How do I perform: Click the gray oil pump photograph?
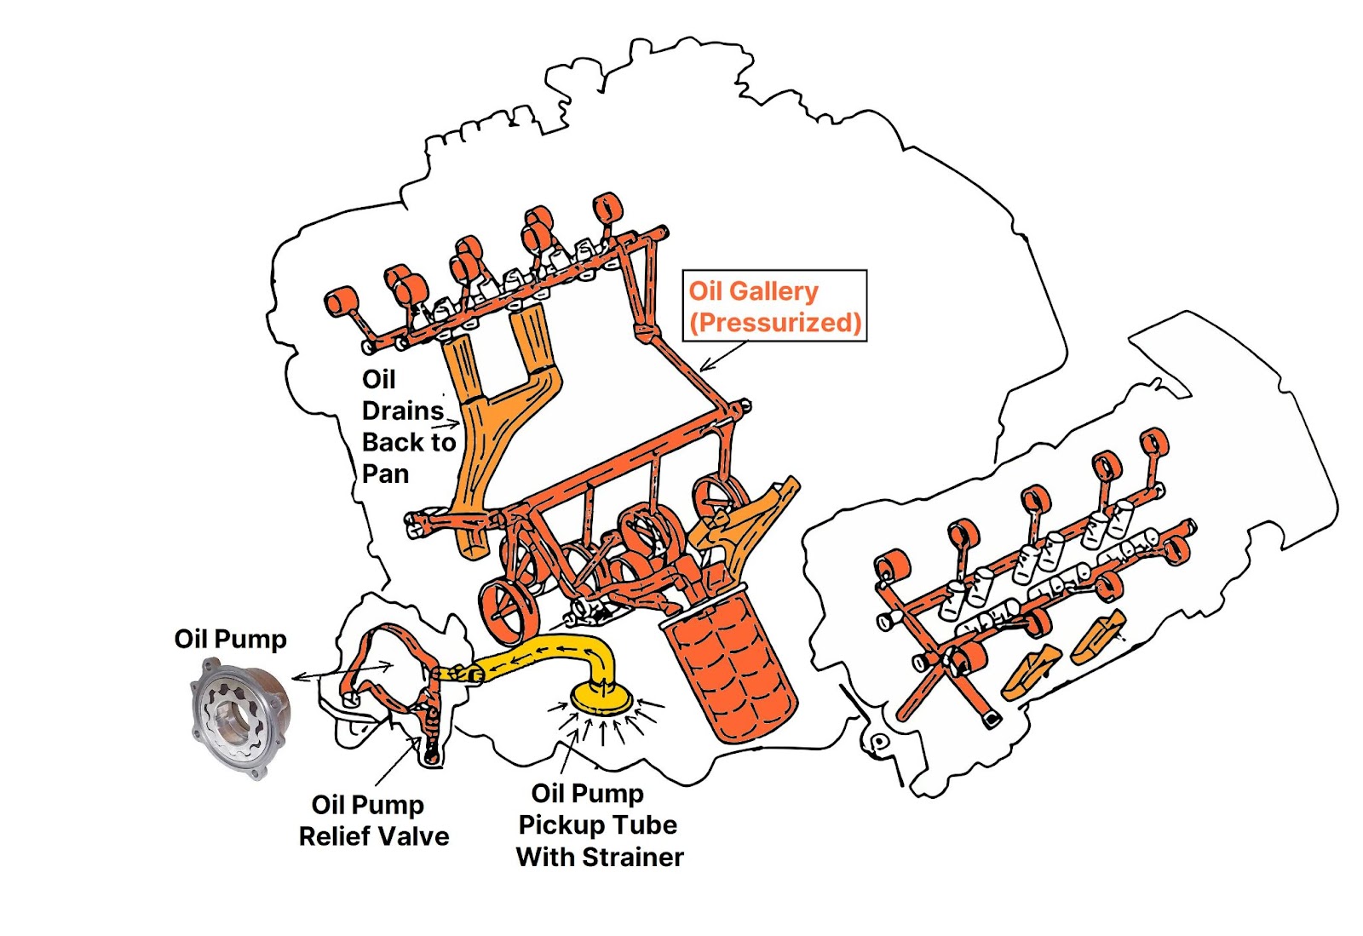coord(239,717)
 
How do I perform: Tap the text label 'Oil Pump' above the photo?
coord(230,639)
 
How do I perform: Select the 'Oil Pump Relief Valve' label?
coord(373,820)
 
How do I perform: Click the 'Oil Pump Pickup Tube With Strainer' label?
coord(600,824)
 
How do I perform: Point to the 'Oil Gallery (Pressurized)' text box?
coord(774,307)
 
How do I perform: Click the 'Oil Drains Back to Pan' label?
coord(407,426)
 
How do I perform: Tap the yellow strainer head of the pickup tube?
coord(602,697)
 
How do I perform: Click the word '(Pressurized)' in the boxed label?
coord(775,323)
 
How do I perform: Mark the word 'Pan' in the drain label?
coord(385,474)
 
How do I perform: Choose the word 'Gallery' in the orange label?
coord(774,291)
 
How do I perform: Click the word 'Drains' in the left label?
coord(402,411)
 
